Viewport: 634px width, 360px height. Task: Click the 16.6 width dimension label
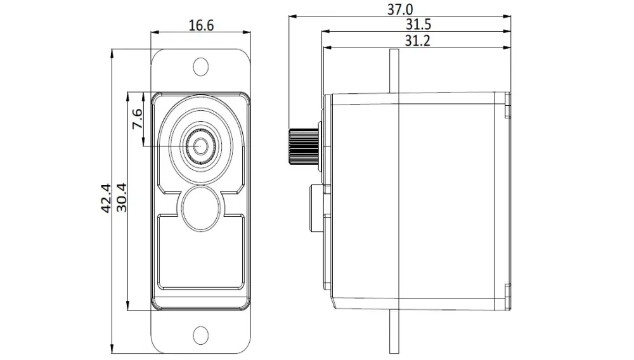pos(201,25)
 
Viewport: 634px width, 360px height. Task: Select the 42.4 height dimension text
pos(106,198)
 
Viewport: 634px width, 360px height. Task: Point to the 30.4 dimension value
pos(121,198)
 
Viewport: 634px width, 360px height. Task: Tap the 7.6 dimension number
pos(138,119)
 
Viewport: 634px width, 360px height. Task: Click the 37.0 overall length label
pos(400,10)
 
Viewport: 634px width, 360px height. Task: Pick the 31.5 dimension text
pos(418,25)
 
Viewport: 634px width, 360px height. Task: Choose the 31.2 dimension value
pos(417,41)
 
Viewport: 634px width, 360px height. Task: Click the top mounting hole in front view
pos(200,67)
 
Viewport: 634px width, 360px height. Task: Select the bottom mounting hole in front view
pos(200,335)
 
